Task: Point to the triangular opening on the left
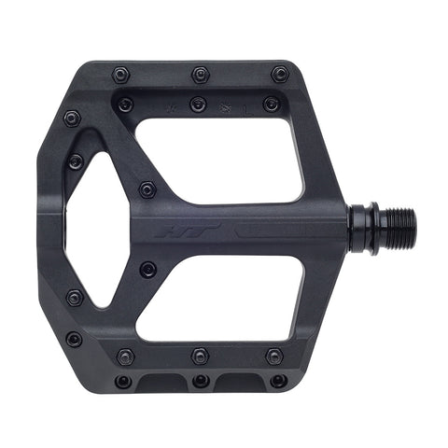pos(93,229)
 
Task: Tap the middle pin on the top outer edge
pos(200,73)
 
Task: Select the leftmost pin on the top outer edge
pos(120,75)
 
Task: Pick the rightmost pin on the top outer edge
pos(279,74)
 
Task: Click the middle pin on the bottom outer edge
pos(201,381)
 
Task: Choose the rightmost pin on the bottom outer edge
pos(278,381)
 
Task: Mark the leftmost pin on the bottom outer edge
pos(123,381)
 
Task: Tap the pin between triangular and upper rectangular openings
pos(147,189)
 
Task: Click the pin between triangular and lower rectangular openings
pos(147,270)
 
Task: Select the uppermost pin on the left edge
pos(72,119)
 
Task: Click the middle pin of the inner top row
pos(199,104)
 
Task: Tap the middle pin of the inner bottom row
pos(200,355)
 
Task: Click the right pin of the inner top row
pos(272,105)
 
